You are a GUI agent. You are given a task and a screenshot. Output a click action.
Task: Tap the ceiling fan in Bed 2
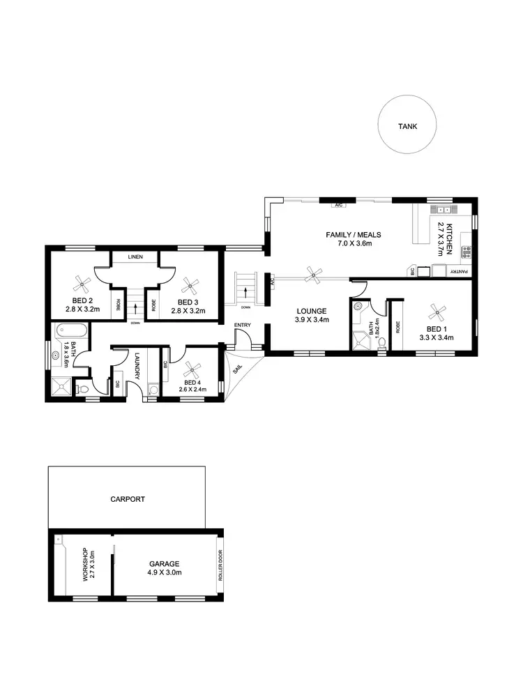(x=82, y=284)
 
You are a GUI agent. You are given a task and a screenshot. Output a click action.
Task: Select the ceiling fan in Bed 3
(x=188, y=284)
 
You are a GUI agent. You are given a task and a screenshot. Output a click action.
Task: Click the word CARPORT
(x=128, y=499)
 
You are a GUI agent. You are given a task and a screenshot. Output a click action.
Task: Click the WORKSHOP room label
(x=85, y=565)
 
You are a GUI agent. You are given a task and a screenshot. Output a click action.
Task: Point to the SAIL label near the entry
(x=237, y=369)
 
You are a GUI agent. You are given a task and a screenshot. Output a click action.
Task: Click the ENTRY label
(x=242, y=325)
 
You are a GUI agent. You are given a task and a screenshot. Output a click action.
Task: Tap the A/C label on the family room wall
(x=338, y=206)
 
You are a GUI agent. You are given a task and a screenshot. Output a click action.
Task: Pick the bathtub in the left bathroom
(x=68, y=330)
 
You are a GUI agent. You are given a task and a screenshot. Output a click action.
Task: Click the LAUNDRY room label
(x=137, y=365)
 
